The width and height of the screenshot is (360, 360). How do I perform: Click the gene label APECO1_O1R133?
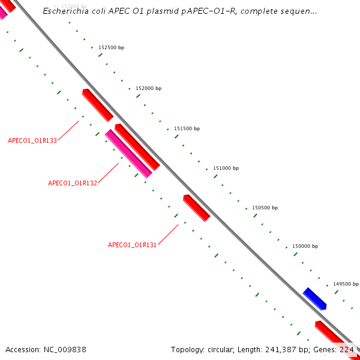(32, 140)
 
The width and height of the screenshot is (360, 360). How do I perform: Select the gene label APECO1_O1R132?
(73, 183)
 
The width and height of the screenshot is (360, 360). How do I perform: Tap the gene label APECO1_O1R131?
(132, 245)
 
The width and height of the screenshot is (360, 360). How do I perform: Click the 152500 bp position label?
(111, 47)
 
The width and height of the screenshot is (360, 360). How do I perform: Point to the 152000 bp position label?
(148, 88)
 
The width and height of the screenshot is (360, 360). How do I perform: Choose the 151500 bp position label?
(187, 128)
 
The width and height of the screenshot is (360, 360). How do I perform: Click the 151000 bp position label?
(226, 169)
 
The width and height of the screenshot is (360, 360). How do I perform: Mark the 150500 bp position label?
(265, 208)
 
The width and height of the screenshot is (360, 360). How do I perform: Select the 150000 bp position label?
(305, 247)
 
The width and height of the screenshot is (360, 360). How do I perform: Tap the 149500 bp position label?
(346, 284)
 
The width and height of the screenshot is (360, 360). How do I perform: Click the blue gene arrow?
(315, 298)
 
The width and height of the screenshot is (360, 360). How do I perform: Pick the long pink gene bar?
(128, 154)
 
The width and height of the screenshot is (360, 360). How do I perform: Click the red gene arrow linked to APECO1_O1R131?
(197, 208)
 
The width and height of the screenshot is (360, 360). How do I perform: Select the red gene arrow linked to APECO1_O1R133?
(97, 104)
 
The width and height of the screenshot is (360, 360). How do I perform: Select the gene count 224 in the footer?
(347, 349)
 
